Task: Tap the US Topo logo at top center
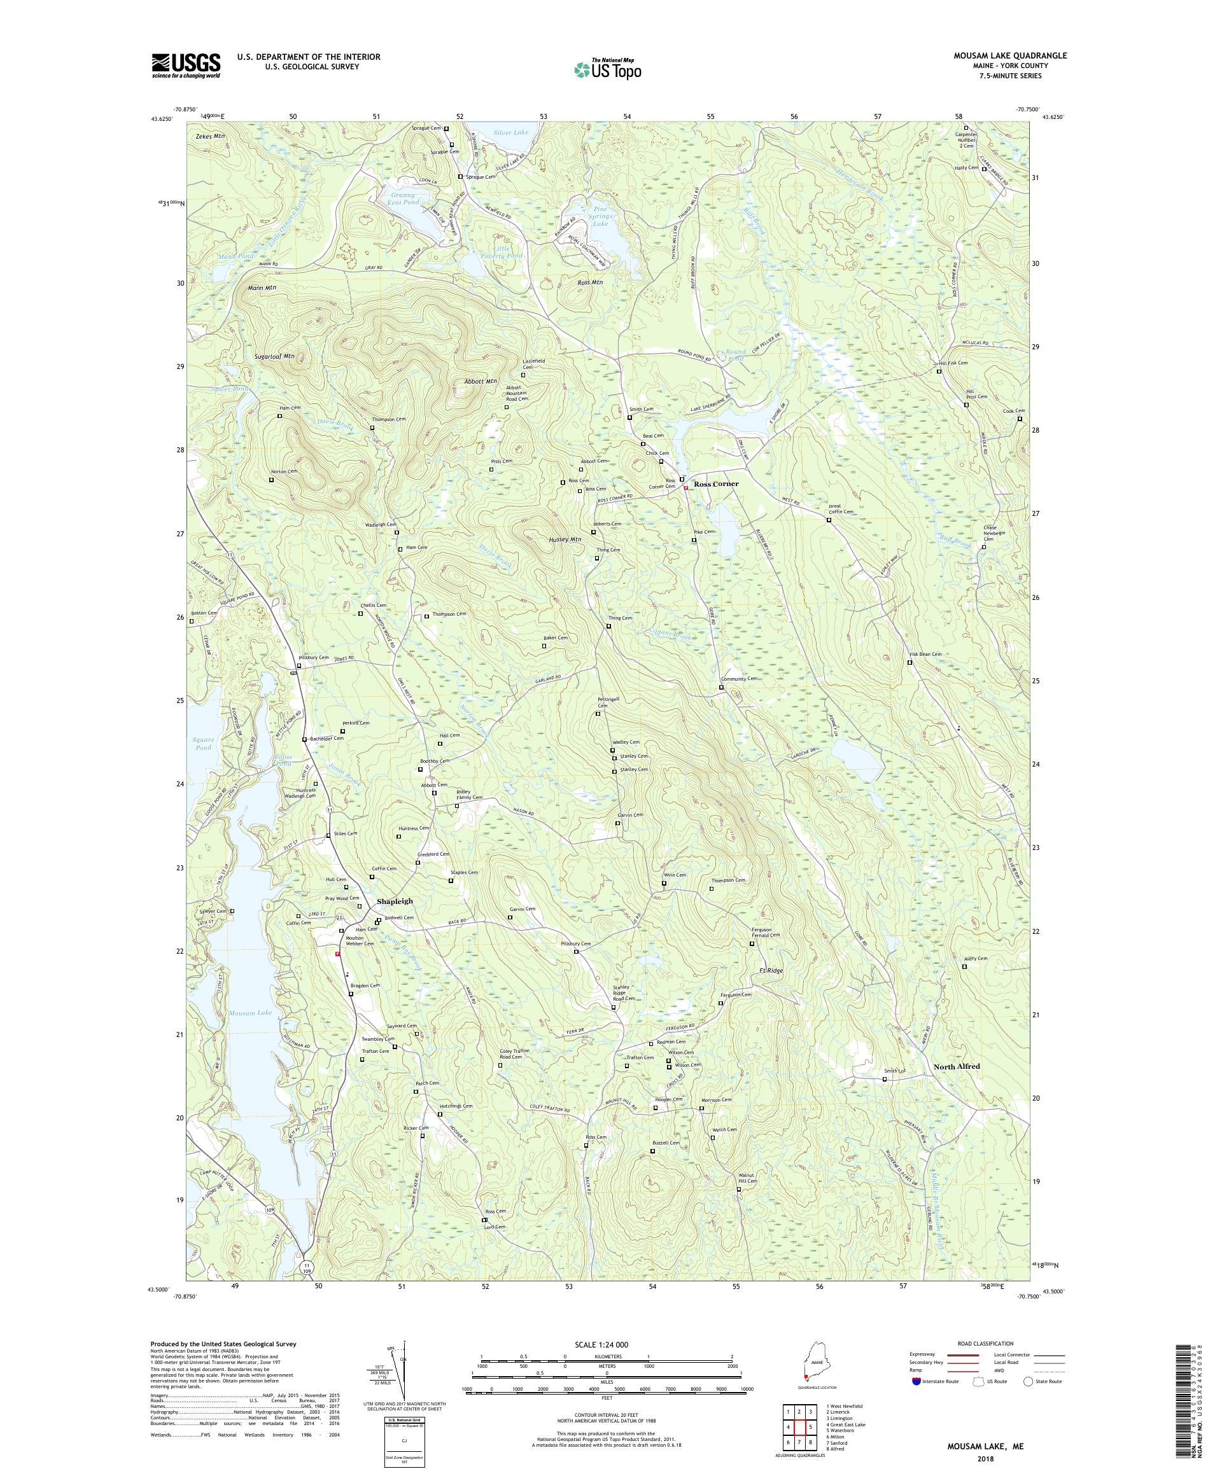(x=607, y=69)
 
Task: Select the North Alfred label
(x=956, y=1066)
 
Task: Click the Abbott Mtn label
(x=481, y=381)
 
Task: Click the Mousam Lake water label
(x=249, y=1013)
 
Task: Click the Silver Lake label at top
(x=510, y=132)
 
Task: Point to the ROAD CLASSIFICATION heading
(x=984, y=1343)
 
